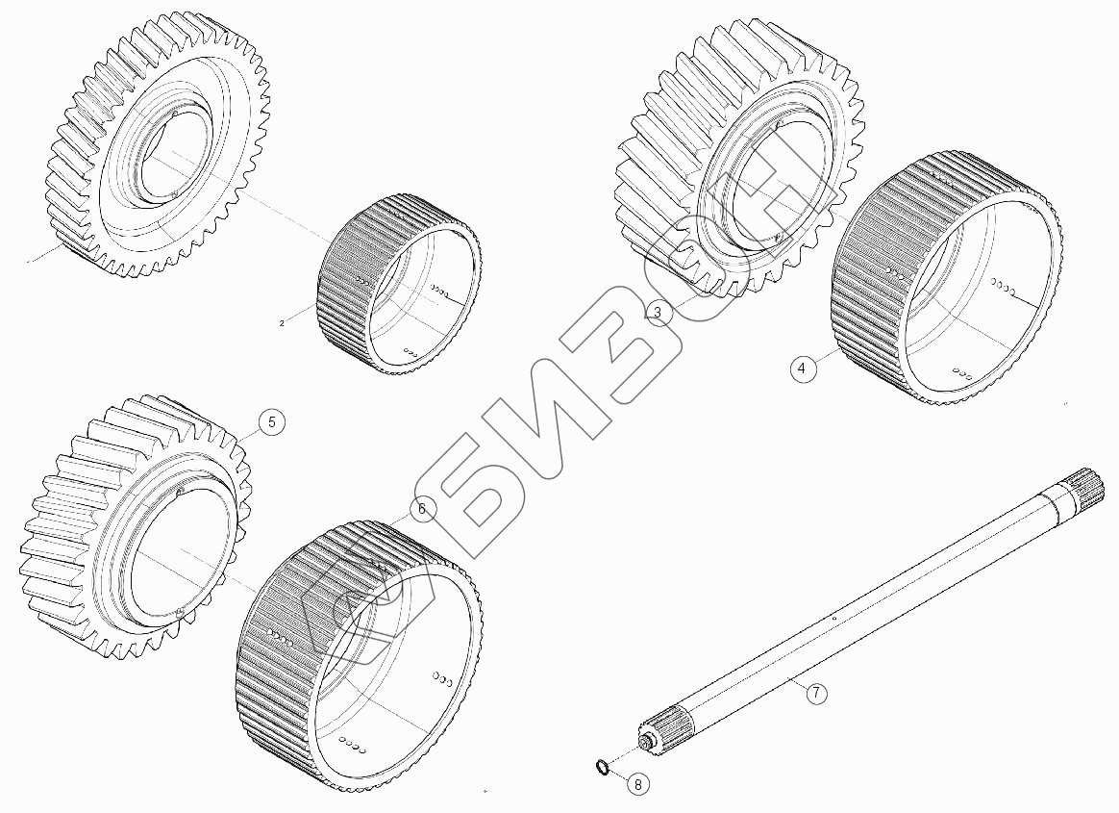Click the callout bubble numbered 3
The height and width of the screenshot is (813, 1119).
(658, 312)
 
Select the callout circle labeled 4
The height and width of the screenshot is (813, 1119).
(802, 368)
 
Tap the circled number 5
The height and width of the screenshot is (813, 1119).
(271, 422)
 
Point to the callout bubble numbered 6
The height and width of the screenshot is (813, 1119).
(422, 509)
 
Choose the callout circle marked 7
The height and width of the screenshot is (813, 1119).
(816, 693)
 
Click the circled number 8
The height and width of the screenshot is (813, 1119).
(638, 784)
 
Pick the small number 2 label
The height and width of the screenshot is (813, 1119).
(282, 323)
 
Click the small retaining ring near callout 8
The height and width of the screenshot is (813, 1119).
(603, 767)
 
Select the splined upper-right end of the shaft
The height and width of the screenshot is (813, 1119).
(1086, 487)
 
